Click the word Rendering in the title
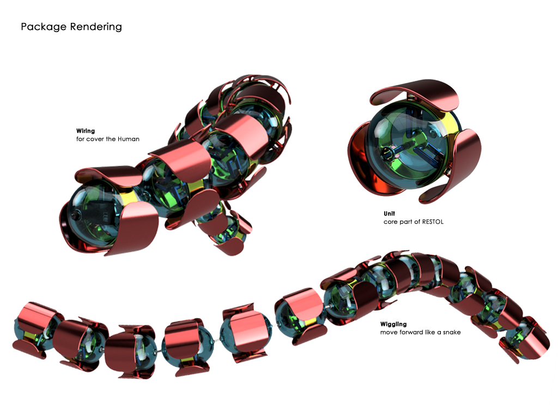point(96,27)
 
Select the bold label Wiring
point(86,131)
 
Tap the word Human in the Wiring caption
point(129,139)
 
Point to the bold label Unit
point(389,213)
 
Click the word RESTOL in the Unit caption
point(433,222)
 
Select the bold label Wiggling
point(393,324)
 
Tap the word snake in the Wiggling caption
point(452,333)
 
